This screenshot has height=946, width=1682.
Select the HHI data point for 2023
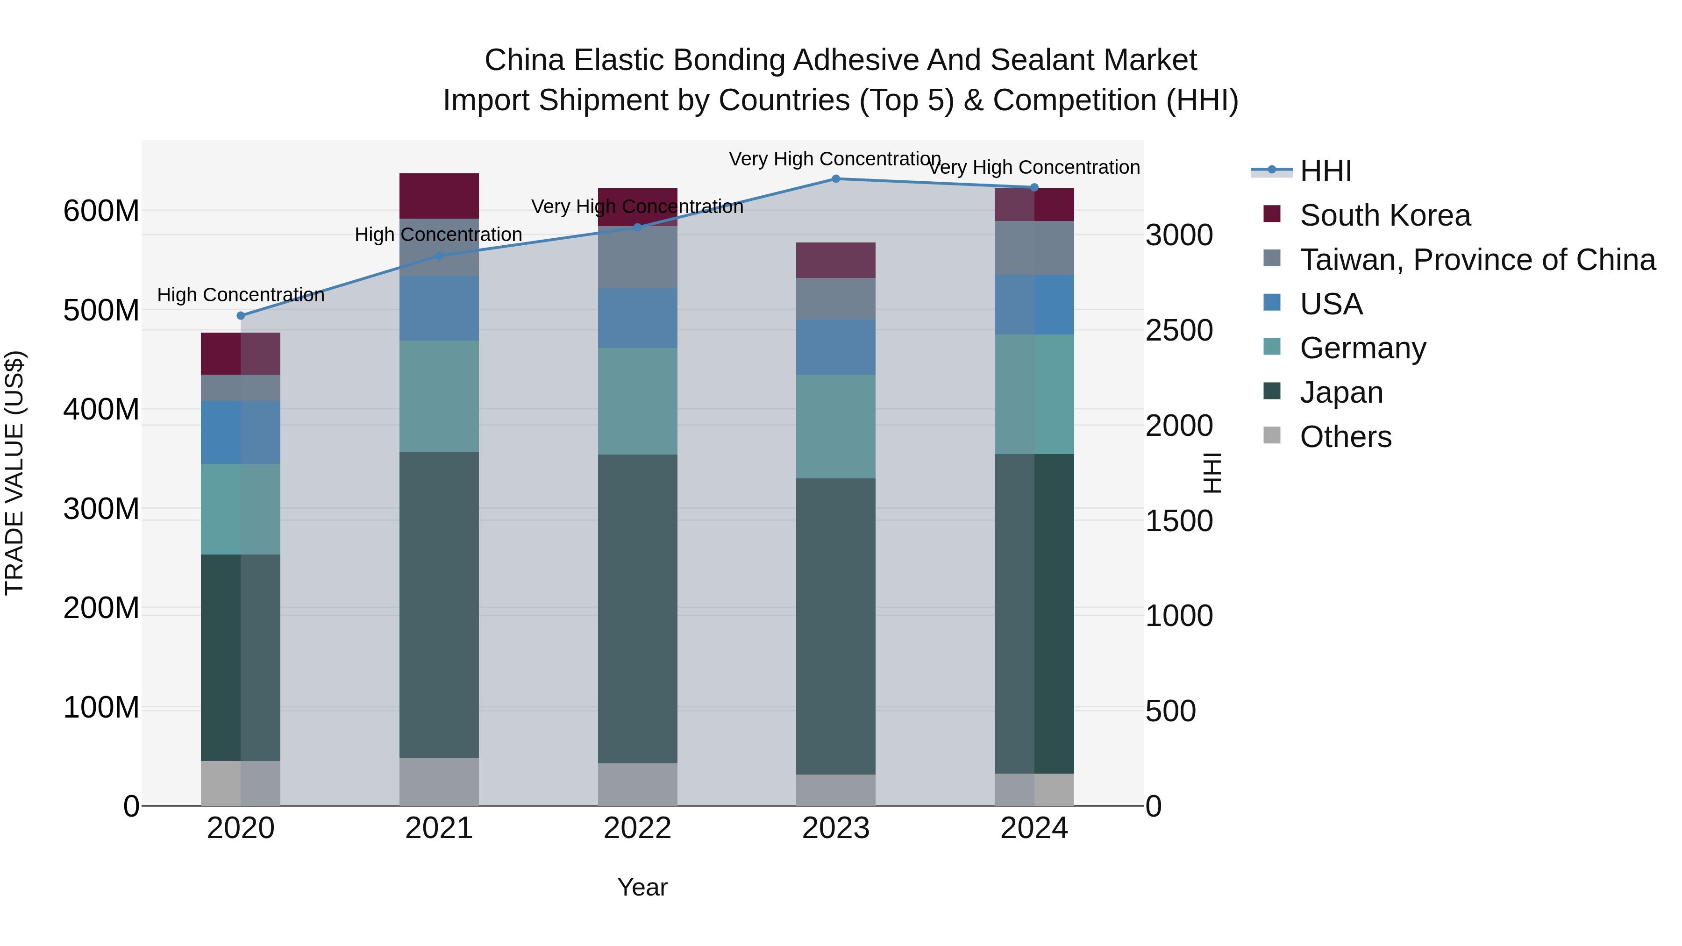(x=836, y=179)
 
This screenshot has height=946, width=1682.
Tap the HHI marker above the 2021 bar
(x=439, y=256)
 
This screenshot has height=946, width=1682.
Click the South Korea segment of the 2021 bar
(x=439, y=196)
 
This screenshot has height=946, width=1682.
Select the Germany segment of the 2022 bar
(x=637, y=401)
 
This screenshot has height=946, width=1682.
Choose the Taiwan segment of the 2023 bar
(x=836, y=299)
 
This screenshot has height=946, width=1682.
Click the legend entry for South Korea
(x=1384, y=215)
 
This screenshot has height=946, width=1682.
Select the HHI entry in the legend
(x=1326, y=171)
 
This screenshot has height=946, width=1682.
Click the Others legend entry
(x=1345, y=437)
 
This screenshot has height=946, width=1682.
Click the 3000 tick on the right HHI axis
(x=1179, y=236)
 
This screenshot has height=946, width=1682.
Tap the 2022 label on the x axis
(x=637, y=828)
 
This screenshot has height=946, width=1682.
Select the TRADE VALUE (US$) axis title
(x=14, y=473)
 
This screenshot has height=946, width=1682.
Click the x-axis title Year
(x=642, y=887)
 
